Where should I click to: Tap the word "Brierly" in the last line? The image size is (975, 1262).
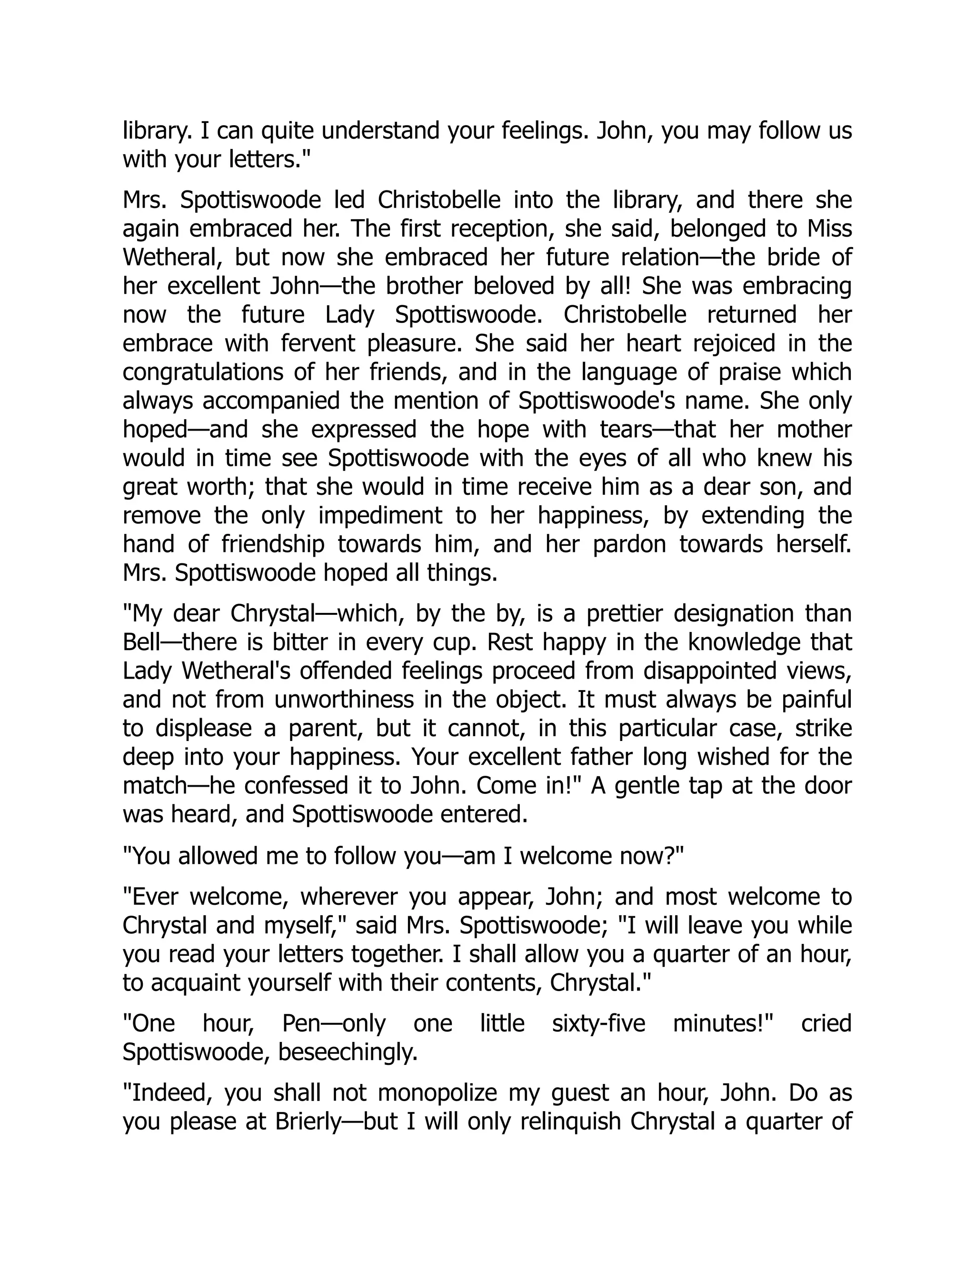tap(308, 1122)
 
